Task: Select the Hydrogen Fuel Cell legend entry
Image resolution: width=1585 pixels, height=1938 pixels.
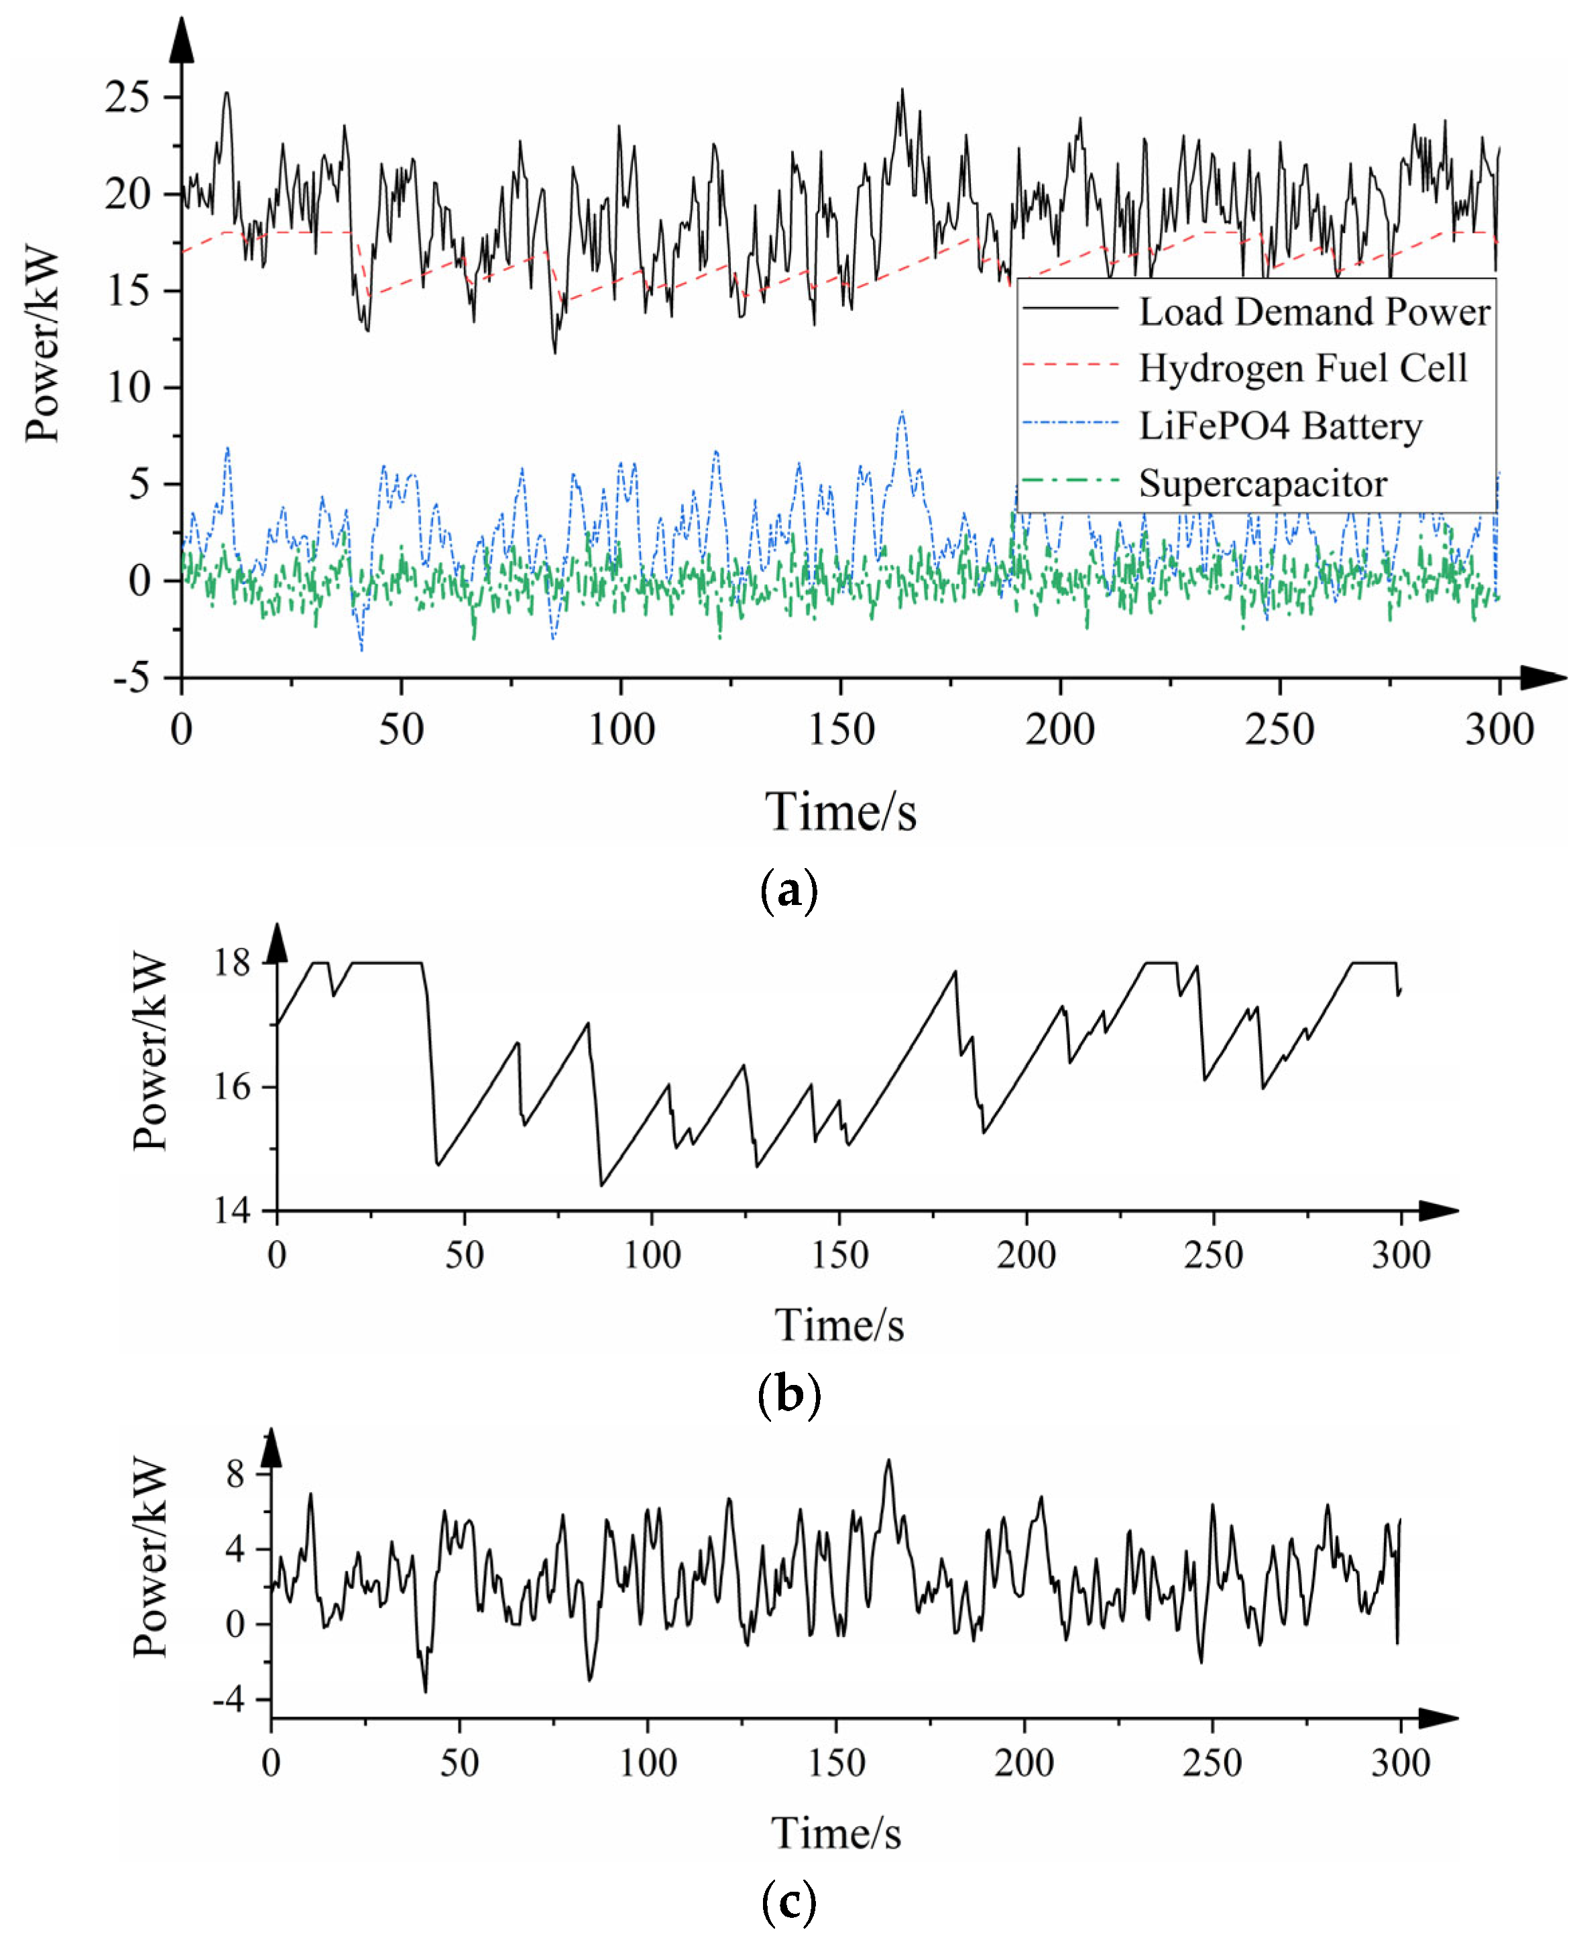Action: [x=1302, y=369]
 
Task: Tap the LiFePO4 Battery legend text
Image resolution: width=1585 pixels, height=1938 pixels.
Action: [x=1280, y=426]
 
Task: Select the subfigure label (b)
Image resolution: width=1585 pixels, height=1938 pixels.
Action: [x=789, y=1396]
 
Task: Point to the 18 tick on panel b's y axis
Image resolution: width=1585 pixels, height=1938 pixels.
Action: [x=232, y=962]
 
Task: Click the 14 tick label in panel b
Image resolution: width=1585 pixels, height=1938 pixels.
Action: [x=232, y=1211]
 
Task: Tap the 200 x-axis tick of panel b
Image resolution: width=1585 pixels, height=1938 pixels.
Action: [x=1026, y=1255]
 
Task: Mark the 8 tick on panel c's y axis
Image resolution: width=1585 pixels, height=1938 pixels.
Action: [x=235, y=1474]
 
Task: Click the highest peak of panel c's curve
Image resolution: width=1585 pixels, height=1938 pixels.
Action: [x=888, y=1461]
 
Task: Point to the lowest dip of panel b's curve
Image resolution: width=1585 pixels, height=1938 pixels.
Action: [x=601, y=1186]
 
